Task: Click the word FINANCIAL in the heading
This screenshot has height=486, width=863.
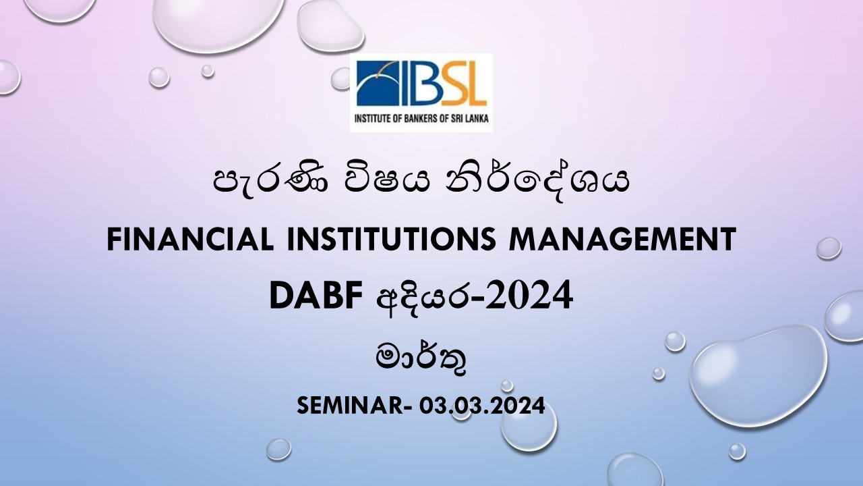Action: (190, 239)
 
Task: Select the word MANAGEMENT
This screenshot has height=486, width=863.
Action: (622, 239)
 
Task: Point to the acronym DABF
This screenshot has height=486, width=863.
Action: (316, 296)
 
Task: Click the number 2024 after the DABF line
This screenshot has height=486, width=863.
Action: (529, 296)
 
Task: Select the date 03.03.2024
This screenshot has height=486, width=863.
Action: (481, 406)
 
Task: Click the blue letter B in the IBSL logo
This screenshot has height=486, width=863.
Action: (425, 83)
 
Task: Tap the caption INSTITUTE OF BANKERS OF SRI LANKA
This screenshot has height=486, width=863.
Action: (421, 118)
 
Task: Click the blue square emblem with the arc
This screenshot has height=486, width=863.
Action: (379, 83)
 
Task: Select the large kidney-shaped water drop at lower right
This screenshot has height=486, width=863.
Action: (758, 375)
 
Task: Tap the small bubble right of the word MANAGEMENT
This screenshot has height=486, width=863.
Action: (829, 248)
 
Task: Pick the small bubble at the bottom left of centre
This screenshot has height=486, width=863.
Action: (278, 450)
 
